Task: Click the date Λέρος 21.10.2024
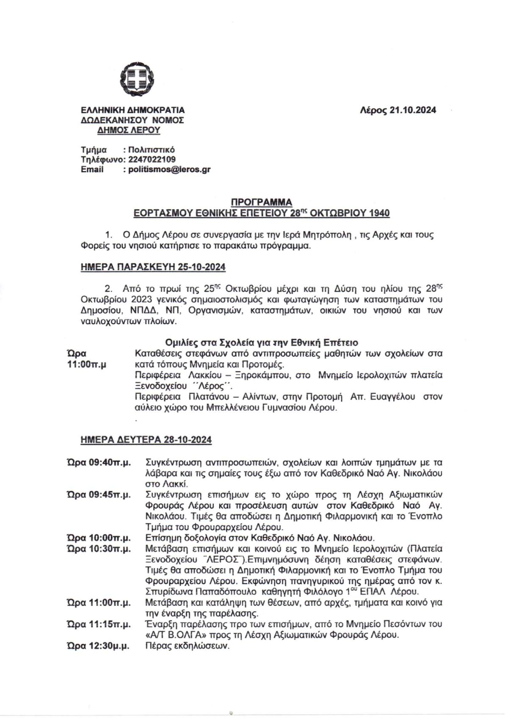398,110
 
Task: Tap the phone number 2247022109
151,160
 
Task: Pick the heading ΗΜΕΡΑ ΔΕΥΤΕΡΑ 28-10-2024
146,440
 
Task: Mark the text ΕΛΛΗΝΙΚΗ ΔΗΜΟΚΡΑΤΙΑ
133,110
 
